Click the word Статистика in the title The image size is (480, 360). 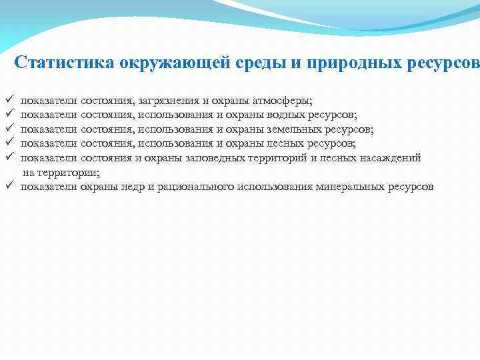tap(65, 63)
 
